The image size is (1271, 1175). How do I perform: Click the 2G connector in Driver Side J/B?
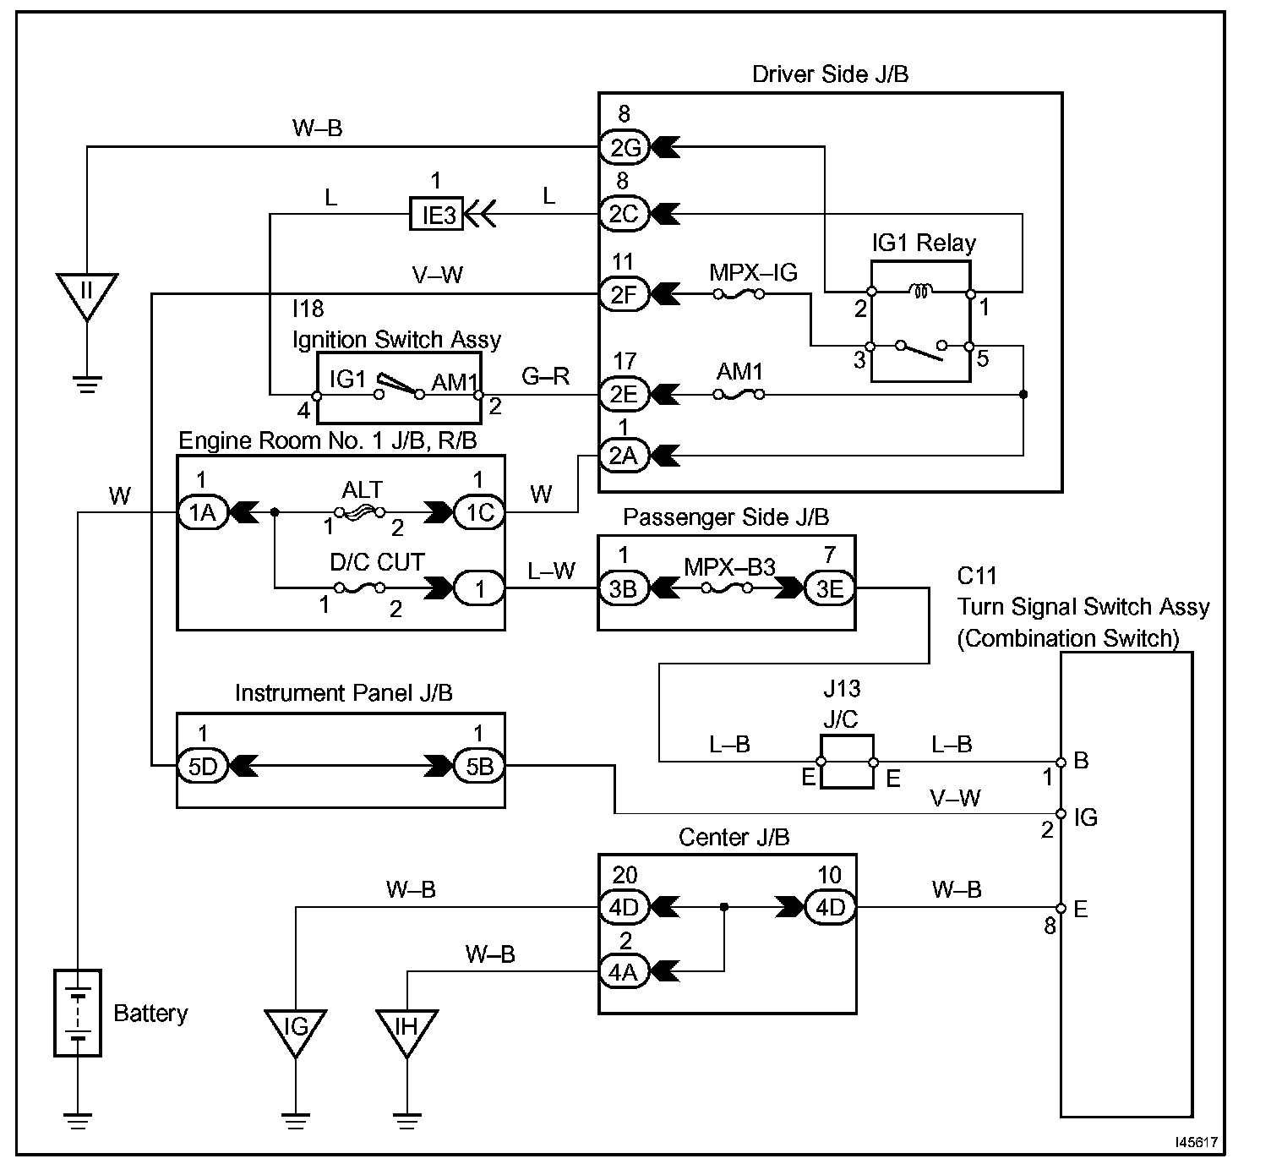[x=624, y=147]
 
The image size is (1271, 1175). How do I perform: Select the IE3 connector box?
[x=436, y=214]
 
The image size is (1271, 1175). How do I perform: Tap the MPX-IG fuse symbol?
[x=739, y=294]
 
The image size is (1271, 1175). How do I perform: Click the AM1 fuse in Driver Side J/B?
[x=739, y=395]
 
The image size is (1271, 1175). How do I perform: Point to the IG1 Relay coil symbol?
[x=921, y=292]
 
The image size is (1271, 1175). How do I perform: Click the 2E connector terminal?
[x=624, y=394]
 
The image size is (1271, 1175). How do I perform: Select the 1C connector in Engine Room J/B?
[x=479, y=512]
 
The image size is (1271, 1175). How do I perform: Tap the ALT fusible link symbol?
[x=360, y=512]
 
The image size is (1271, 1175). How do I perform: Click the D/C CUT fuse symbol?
[x=360, y=587]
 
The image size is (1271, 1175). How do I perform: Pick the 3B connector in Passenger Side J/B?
[x=624, y=587]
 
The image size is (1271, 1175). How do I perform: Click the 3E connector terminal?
[x=829, y=587]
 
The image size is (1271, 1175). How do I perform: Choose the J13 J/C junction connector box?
[x=847, y=762]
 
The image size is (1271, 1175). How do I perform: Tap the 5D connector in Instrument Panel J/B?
[x=202, y=766]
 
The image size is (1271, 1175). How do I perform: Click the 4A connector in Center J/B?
[x=624, y=972]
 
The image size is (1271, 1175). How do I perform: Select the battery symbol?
[x=78, y=1013]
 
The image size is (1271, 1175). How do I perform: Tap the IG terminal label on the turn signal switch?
[x=1086, y=817]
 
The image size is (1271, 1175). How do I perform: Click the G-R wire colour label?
[x=545, y=376]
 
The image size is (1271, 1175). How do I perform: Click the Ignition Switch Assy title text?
[x=396, y=339]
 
